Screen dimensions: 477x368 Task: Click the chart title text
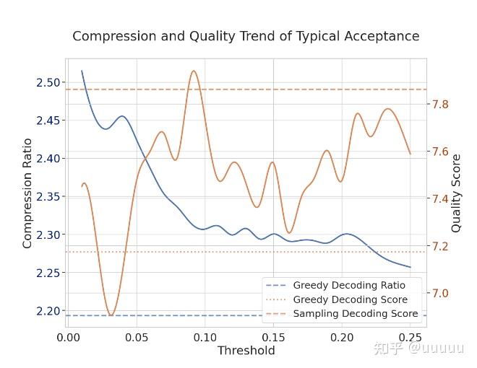point(246,36)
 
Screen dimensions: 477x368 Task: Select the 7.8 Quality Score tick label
point(440,105)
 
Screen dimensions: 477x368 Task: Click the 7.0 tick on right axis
point(440,293)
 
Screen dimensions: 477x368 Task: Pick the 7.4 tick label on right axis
point(440,199)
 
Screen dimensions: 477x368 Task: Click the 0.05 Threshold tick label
point(137,338)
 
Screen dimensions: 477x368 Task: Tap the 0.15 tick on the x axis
point(273,338)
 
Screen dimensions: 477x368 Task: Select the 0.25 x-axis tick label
point(411,338)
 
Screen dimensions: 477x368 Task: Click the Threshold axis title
point(246,351)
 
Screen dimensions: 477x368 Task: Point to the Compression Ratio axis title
point(27,193)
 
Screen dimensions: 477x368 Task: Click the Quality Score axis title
point(456,193)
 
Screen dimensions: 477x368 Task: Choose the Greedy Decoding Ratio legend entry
point(335,286)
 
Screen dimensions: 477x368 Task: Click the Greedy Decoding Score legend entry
point(337,299)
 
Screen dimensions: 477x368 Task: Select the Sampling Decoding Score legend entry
point(342,314)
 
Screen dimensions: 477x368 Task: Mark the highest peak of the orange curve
point(194,71)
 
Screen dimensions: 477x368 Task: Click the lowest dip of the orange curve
point(111,315)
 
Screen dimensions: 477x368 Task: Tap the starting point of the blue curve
point(82,71)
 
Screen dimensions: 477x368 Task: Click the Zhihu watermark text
point(419,348)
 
